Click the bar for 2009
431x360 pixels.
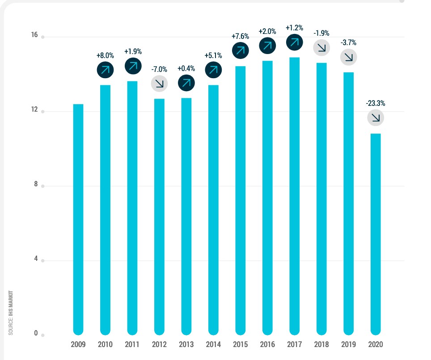tap(78, 219)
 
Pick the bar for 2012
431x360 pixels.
tap(159, 216)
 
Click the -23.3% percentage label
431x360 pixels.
tap(375, 103)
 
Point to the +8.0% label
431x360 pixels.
tap(105, 56)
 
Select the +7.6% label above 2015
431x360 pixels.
tap(240, 36)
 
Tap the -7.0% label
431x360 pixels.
tap(159, 69)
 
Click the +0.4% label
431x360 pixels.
tap(186, 69)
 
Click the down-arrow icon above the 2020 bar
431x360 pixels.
tap(376, 118)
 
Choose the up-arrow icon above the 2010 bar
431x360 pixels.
tap(105, 70)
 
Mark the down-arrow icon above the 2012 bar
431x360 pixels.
tap(159, 83)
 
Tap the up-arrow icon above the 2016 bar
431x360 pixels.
tap(267, 45)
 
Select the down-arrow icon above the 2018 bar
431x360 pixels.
tap(321, 47)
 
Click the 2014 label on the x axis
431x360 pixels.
tap(213, 345)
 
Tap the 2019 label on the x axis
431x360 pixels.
tap(348, 345)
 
